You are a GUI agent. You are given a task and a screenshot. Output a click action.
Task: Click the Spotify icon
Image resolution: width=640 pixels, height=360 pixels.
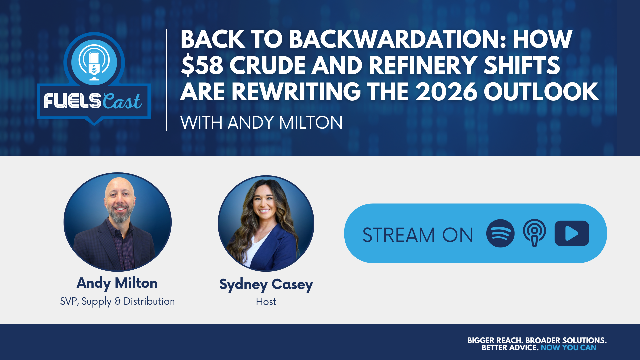click(500, 233)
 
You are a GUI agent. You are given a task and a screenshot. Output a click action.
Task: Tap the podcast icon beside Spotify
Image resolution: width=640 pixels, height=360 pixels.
click(534, 233)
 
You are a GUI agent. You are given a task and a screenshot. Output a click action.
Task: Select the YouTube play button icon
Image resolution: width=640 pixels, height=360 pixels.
click(572, 233)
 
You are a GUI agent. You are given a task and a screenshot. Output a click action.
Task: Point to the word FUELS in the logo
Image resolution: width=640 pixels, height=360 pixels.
click(72, 101)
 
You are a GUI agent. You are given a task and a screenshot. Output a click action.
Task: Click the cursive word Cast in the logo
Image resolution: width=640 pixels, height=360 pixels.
click(122, 101)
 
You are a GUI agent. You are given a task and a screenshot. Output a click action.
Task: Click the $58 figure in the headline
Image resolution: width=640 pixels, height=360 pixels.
click(202, 65)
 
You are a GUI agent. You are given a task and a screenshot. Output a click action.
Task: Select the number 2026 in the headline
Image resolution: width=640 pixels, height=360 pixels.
click(446, 92)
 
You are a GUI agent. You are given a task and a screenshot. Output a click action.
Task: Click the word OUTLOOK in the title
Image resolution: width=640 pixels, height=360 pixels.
click(541, 92)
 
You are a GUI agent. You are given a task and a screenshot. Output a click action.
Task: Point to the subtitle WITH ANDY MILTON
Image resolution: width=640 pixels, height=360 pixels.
click(261, 123)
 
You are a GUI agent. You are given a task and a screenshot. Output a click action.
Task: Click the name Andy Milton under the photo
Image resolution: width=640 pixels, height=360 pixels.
click(117, 283)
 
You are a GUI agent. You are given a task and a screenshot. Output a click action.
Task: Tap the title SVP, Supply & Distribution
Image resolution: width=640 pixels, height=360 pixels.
click(117, 301)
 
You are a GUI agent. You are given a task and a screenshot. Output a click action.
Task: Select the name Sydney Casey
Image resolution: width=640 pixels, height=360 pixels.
click(266, 284)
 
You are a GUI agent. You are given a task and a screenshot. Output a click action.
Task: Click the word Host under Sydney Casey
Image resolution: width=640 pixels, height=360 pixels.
click(266, 302)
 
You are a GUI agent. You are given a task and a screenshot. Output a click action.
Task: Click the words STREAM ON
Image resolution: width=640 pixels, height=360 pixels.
click(418, 235)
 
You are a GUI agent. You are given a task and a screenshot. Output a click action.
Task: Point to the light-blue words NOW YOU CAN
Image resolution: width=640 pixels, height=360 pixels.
click(568, 348)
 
